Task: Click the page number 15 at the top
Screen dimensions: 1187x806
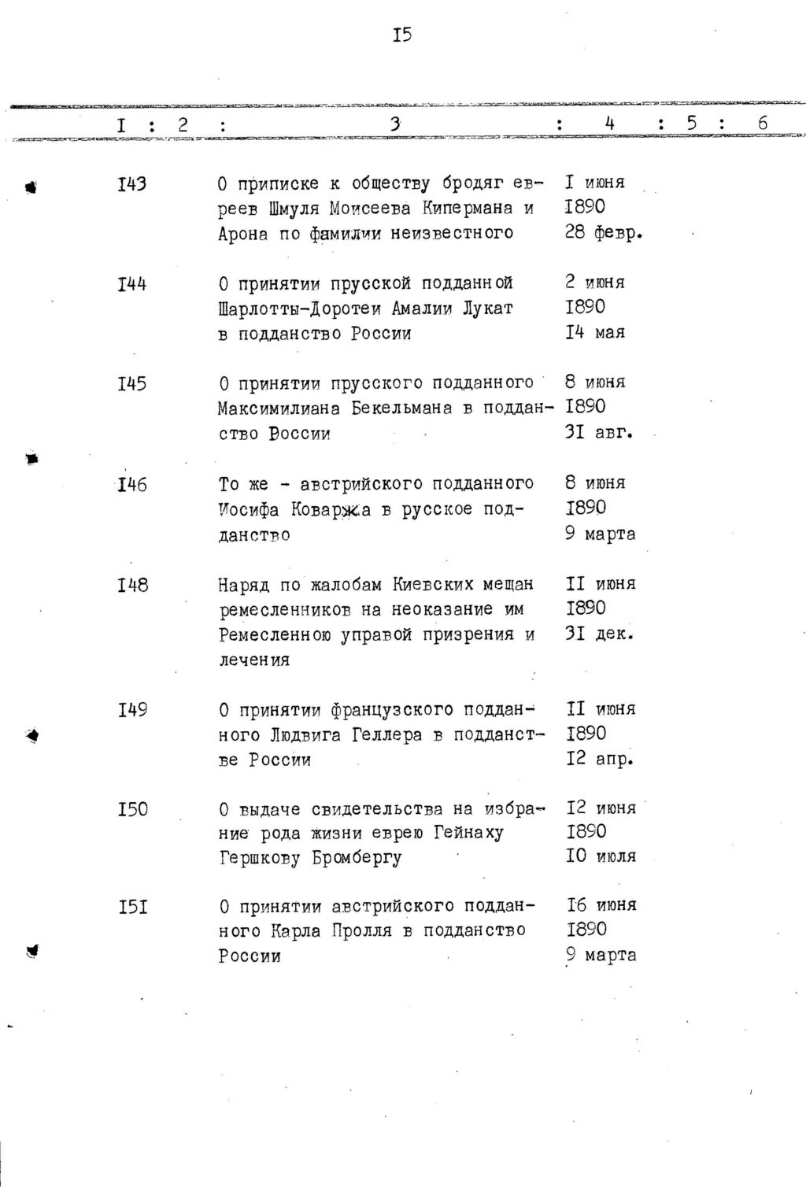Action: [x=402, y=35]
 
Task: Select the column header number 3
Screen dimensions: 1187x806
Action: [x=395, y=124]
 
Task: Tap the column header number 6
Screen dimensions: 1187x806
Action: [x=762, y=124]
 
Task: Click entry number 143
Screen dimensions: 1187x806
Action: [x=131, y=184]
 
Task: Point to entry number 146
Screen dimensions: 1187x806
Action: [x=131, y=484]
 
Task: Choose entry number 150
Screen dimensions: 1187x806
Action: [x=132, y=809]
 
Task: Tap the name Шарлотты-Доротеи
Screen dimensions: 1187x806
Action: [x=297, y=309]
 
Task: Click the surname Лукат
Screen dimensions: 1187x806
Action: [x=488, y=309]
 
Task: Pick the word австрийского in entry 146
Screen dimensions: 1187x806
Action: [x=351, y=483]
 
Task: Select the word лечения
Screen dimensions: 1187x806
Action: [x=254, y=660]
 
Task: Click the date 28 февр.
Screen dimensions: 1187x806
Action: [x=604, y=234]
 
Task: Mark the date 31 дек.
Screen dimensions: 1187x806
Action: [x=599, y=634]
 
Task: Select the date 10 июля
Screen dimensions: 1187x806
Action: [x=601, y=856]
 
